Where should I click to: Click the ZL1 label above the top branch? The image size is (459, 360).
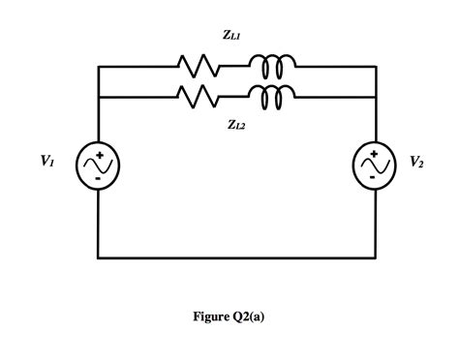pyautogui.click(x=231, y=36)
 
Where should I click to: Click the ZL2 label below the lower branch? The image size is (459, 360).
pyautogui.click(x=236, y=124)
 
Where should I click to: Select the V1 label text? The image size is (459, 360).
pyautogui.click(x=47, y=163)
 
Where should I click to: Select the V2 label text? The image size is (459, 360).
pyautogui.click(x=415, y=163)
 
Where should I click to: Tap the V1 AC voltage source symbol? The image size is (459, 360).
pyautogui.click(x=99, y=165)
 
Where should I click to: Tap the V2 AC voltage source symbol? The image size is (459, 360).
pyautogui.click(x=374, y=165)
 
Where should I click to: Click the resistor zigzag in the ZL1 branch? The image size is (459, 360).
pyautogui.click(x=199, y=67)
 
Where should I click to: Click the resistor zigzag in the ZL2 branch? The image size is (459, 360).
pyautogui.click(x=199, y=97)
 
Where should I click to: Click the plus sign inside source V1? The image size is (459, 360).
pyautogui.click(x=99, y=153)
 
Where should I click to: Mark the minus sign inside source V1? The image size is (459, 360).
pyautogui.click(x=99, y=179)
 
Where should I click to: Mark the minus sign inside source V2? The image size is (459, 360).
pyautogui.click(x=374, y=179)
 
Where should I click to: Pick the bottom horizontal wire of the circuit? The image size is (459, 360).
pyautogui.click(x=236, y=258)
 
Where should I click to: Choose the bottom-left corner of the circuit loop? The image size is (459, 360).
pyautogui.click(x=99, y=258)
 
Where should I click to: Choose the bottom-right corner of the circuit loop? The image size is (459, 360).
pyautogui.click(x=375, y=258)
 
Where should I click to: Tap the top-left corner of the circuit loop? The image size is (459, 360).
pyautogui.click(x=99, y=67)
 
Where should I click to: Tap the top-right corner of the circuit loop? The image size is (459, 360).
pyautogui.click(x=375, y=67)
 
